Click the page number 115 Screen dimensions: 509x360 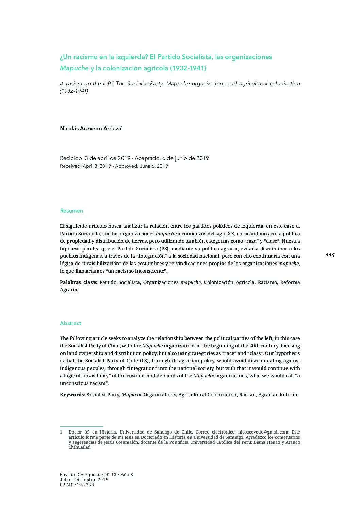pyautogui.click(x=330, y=255)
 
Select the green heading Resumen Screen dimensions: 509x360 pyautogui.click(x=71, y=210)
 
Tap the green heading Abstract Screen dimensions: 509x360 pyautogui.click(x=70, y=323)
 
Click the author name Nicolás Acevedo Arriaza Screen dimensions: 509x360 pyautogui.click(x=91, y=129)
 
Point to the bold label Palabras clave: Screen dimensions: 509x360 pyautogui.click(x=79, y=282)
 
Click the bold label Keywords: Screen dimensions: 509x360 pyautogui.click(x=72, y=395)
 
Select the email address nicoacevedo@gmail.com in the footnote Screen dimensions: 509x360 pyautogui.click(x=263, y=432)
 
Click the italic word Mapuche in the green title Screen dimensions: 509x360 pyautogui.click(x=74, y=68)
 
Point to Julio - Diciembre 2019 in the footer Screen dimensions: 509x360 pyautogui.click(x=84, y=480)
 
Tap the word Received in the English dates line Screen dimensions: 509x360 pyautogui.click(x=70, y=166)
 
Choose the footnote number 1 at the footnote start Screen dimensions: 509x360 pyautogui.click(x=61, y=432)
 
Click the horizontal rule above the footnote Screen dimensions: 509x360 pyautogui.click(x=81, y=426)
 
